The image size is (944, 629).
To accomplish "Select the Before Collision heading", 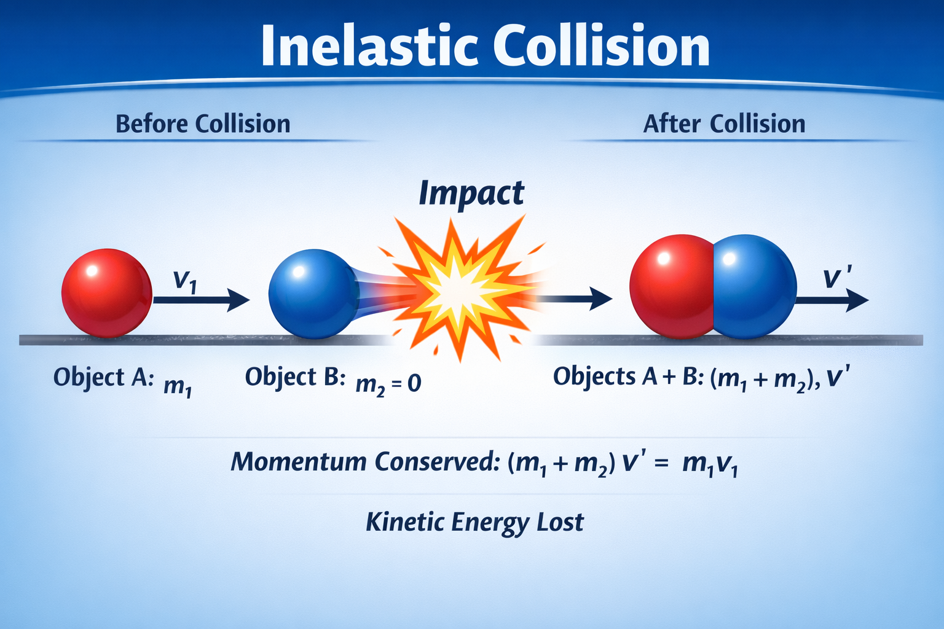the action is click(x=203, y=124).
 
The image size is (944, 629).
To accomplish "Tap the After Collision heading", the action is click(x=724, y=124).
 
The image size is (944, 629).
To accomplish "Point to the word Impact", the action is click(x=471, y=193).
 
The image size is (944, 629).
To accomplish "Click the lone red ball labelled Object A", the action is click(x=106, y=293).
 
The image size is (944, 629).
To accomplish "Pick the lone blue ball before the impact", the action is click(x=313, y=294).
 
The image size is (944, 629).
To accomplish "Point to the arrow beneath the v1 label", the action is click(x=202, y=300).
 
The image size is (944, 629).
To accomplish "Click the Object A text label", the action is click(x=104, y=377).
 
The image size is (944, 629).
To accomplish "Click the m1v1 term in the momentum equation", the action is click(x=710, y=465).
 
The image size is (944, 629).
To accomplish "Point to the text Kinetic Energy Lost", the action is click(x=474, y=523).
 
